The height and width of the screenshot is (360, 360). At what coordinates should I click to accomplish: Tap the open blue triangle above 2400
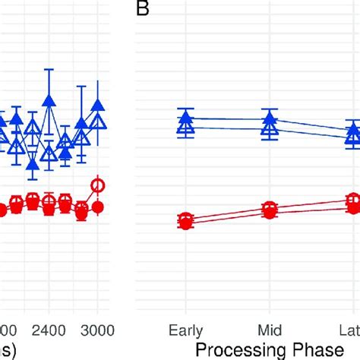click(x=49, y=154)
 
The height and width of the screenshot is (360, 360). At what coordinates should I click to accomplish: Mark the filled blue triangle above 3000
click(x=97, y=106)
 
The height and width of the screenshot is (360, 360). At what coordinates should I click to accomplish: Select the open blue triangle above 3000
click(x=97, y=122)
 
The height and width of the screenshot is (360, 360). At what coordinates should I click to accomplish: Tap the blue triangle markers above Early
click(x=185, y=123)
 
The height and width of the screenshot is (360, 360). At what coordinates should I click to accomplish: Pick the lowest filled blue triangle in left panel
click(x=32, y=163)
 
